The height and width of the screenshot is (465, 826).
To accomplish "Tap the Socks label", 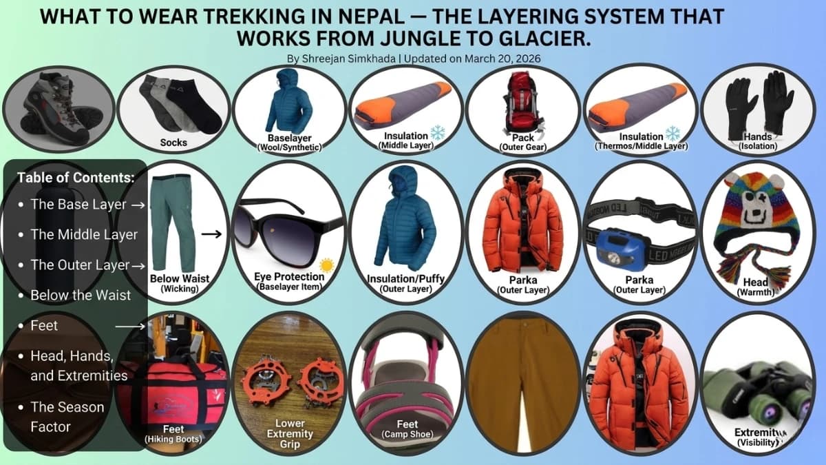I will point(173,143).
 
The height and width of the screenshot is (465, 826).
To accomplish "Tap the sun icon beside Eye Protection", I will point(326,265).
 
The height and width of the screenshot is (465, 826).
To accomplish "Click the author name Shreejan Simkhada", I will point(339,59).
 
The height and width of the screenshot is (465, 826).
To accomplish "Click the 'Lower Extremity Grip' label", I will point(290,434).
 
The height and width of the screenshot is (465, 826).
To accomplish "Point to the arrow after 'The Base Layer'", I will point(138,205).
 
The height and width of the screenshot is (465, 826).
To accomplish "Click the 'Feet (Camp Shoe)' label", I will point(406,429).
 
